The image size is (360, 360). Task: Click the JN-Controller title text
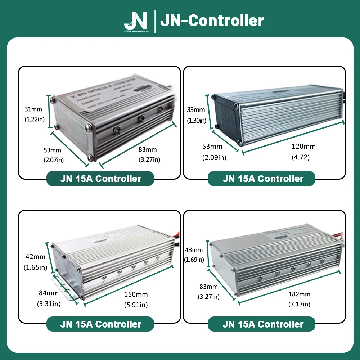pos(212,21)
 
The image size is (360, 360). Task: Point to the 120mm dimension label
pos(303,147)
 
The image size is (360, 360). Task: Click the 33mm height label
pos(196,110)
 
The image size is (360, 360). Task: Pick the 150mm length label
pos(136,294)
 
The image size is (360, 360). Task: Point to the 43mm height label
pos(193,250)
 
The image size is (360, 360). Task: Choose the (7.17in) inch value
pos(300,305)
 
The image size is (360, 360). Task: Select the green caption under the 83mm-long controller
pos(100,179)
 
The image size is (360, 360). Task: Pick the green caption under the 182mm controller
pos(261,324)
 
